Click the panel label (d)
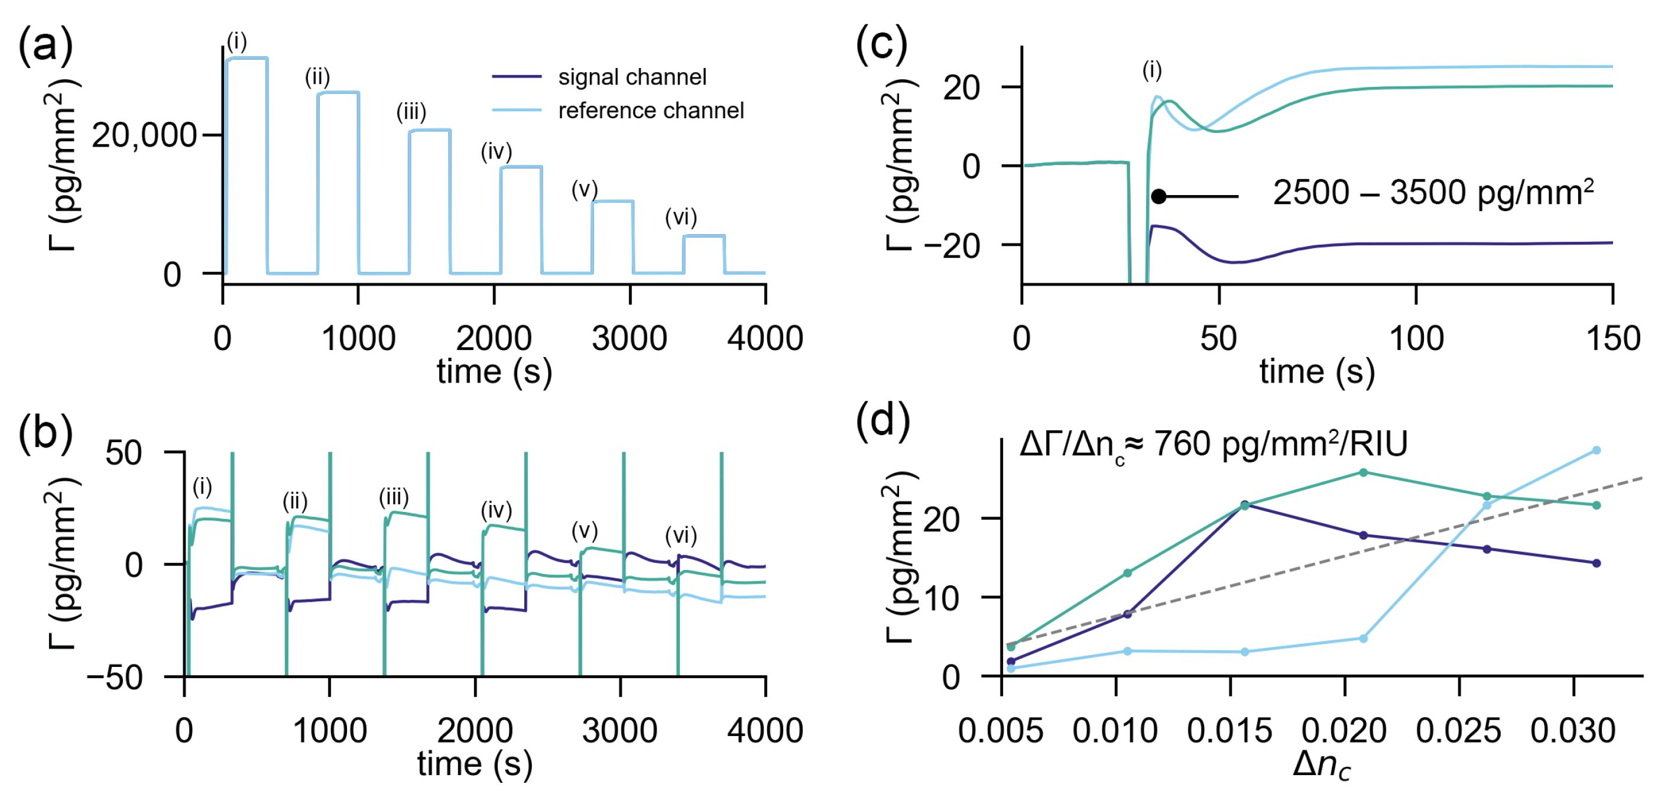pos(882,421)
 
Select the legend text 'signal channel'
pos(632,77)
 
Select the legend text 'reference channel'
pos(651,111)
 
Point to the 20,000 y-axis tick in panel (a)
pos(144,135)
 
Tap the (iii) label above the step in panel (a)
pos(411,112)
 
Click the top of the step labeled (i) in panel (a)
pos(247,59)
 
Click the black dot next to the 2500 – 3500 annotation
pos(1159,196)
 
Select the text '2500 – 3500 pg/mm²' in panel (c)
pos(1432,193)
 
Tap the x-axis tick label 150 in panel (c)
pos(1612,339)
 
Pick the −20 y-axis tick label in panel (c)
pos(952,247)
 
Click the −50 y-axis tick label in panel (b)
pos(114,678)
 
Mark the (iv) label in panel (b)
pos(497,511)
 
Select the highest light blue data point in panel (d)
pos(1597,450)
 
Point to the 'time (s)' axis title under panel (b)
pos(475,764)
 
